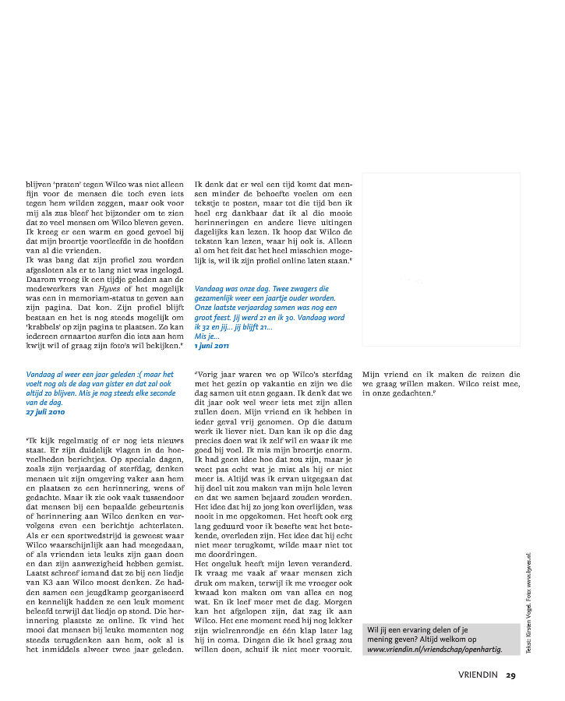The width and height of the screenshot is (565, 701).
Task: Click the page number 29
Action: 510,675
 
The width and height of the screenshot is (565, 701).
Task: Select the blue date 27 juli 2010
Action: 45,412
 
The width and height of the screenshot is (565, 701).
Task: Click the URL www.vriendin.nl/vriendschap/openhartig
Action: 434,648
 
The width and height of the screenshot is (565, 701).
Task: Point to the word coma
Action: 223,637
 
